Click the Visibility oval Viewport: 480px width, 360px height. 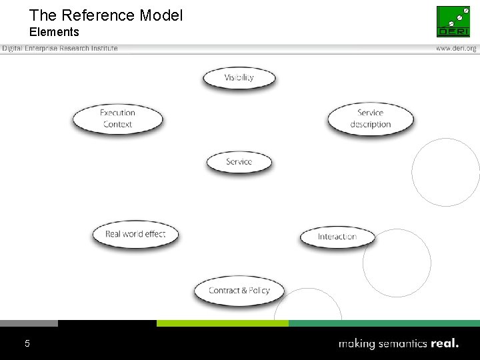click(239, 77)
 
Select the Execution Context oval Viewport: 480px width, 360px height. click(117, 119)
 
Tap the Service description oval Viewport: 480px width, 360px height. click(370, 119)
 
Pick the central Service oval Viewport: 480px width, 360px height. click(239, 162)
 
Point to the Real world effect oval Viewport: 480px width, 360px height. click(135, 235)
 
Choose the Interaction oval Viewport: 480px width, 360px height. click(337, 237)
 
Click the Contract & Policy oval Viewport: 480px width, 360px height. click(239, 291)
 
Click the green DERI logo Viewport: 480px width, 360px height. click(453, 21)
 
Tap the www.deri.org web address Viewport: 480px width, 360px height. click(456, 48)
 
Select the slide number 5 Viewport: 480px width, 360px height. click(27, 343)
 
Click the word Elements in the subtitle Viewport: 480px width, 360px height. click(54, 32)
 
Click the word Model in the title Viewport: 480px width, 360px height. click(161, 15)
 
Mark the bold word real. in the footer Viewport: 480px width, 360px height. click(445, 344)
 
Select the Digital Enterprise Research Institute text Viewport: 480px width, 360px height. click(59, 48)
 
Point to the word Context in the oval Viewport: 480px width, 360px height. click(118, 125)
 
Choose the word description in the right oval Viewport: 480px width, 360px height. click(370, 125)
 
